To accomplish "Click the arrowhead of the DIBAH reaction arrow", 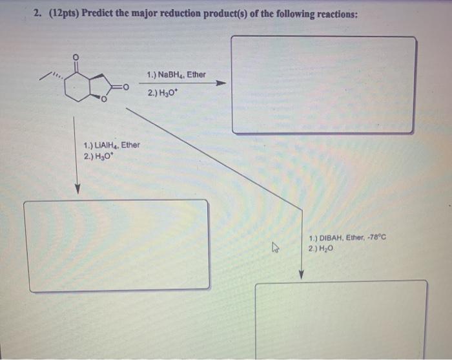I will click(301, 275).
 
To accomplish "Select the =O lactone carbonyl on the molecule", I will click(124, 87).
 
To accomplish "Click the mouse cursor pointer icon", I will click(275, 247).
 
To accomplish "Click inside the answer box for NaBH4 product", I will click(323, 84).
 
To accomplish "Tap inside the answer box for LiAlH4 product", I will click(116, 244).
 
